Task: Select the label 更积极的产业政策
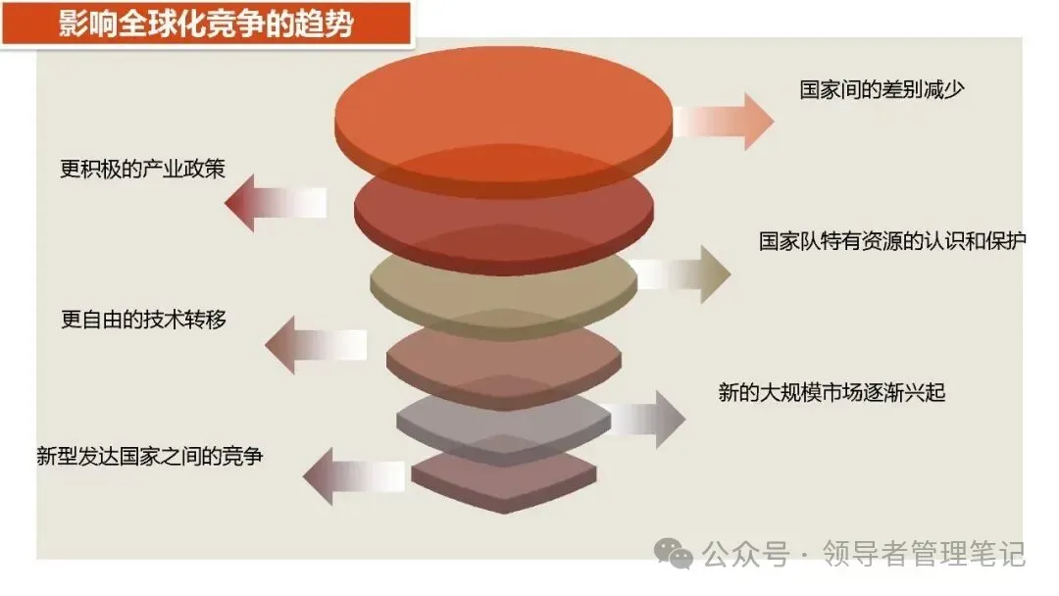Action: point(143,169)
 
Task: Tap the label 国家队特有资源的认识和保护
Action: point(892,241)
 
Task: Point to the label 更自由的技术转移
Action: point(144,320)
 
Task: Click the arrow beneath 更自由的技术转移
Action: point(316,344)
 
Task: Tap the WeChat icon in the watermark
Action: point(675,555)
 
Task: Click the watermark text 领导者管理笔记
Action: point(924,554)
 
